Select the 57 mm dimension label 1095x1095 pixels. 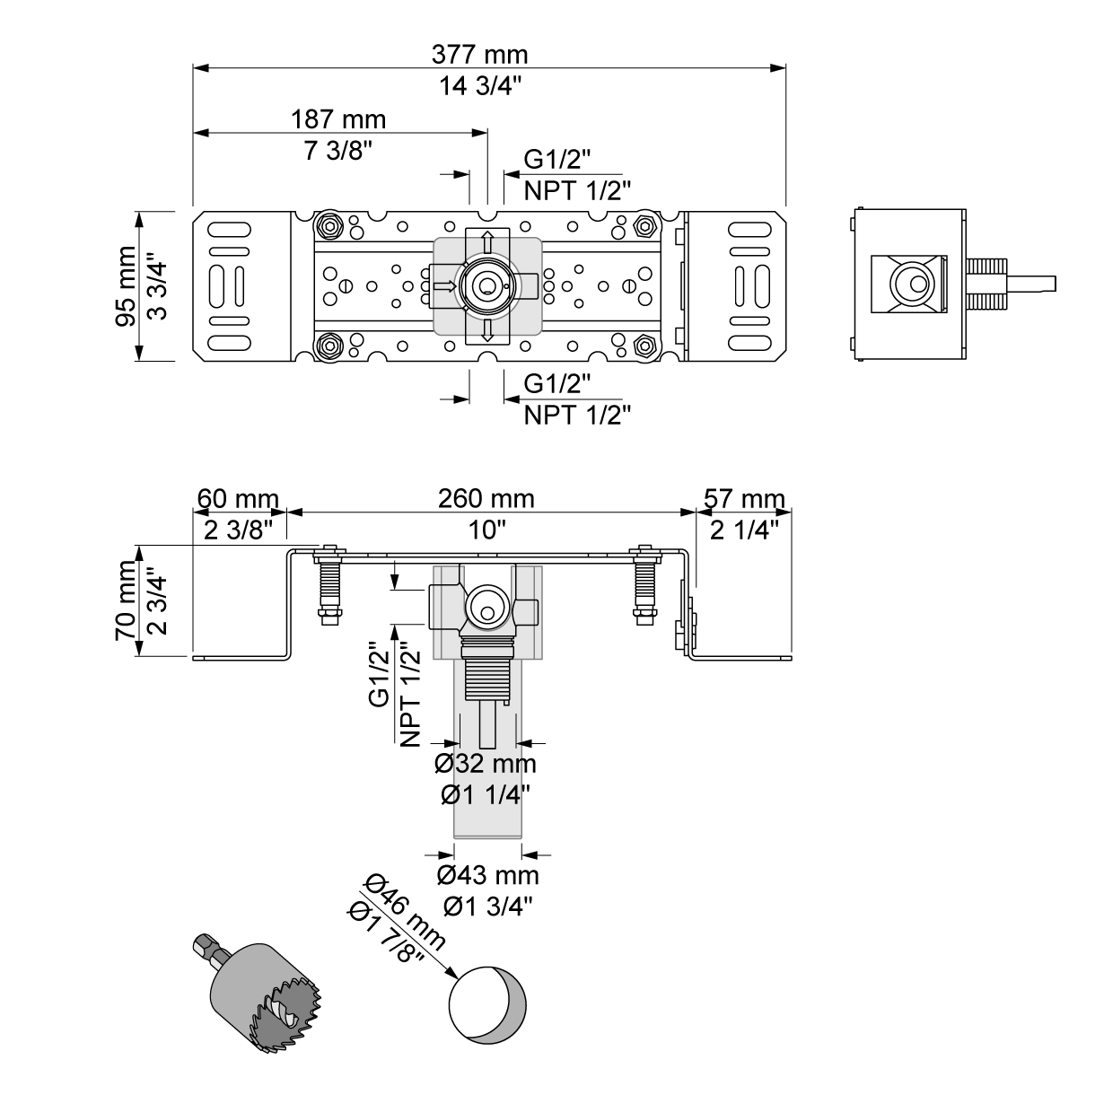745,498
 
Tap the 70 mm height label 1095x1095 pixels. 125,601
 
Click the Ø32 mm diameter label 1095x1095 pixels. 486,764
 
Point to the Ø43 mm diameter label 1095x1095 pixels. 487,874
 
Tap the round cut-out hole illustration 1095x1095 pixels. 487,1003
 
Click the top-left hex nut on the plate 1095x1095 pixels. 329,224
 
